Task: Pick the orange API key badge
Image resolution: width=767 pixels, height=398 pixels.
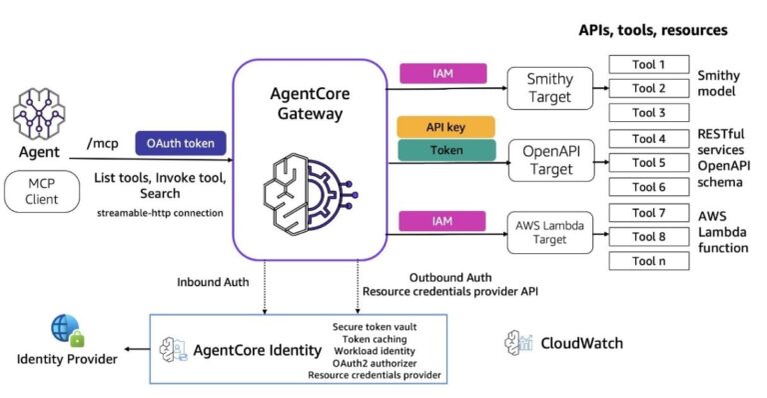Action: pyautogui.click(x=445, y=127)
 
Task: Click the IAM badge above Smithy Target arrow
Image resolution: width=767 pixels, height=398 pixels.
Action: pyautogui.click(x=442, y=73)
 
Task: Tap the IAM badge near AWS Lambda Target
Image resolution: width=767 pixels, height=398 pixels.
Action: pyautogui.click(x=442, y=219)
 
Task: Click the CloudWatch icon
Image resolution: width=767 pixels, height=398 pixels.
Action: pyautogui.click(x=517, y=343)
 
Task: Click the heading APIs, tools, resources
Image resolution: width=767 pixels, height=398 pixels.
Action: pyautogui.click(x=652, y=30)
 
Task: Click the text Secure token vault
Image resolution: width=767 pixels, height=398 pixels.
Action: pyautogui.click(x=375, y=326)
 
